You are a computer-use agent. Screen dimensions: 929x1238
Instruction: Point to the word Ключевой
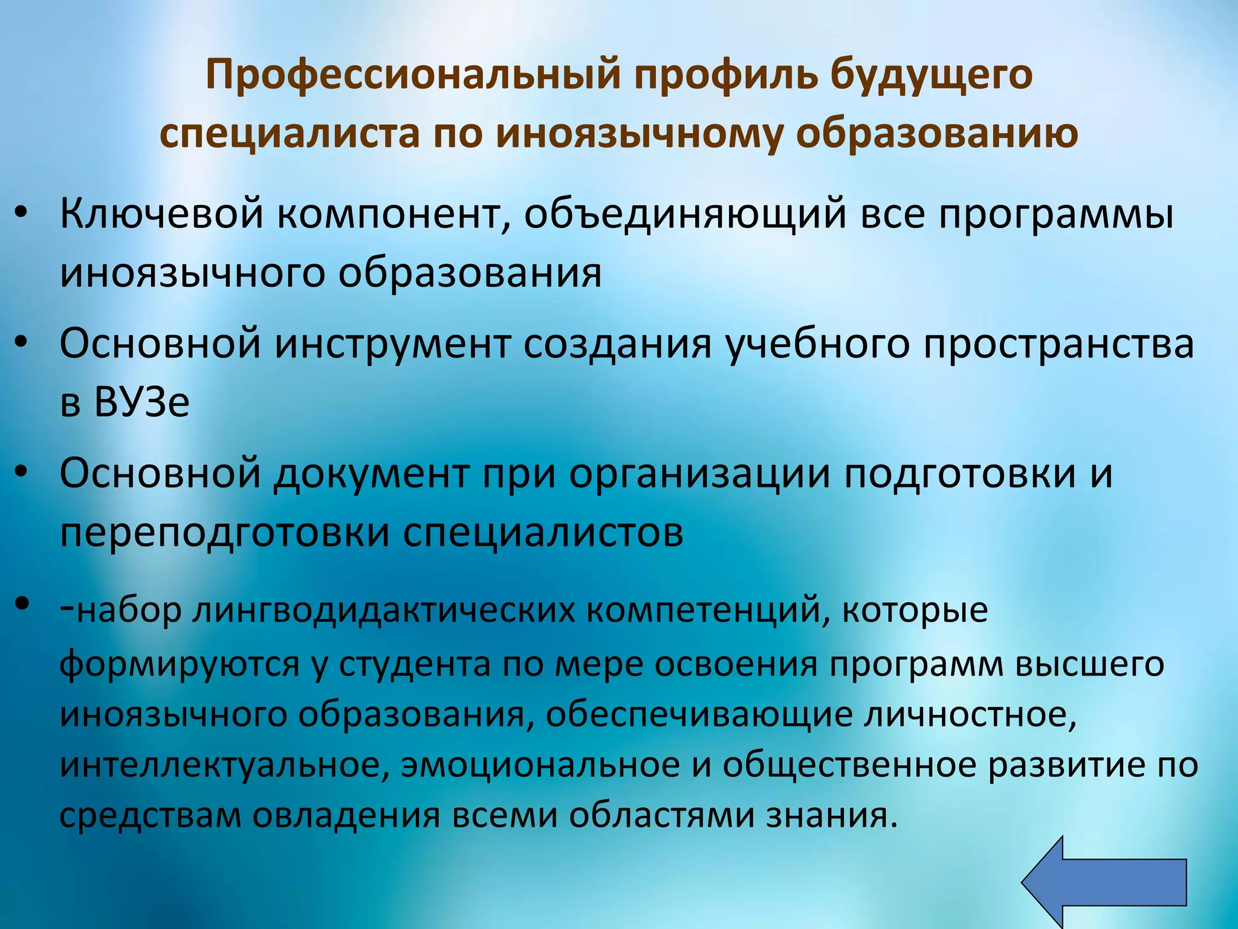(x=161, y=215)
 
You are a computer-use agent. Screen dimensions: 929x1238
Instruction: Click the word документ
(x=371, y=474)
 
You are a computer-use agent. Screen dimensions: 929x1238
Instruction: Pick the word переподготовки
(x=224, y=533)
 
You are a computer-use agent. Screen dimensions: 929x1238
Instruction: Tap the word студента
(x=414, y=664)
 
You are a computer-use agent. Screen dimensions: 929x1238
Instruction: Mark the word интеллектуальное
(x=223, y=764)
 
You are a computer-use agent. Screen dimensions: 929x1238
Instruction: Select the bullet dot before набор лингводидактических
(x=22, y=603)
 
